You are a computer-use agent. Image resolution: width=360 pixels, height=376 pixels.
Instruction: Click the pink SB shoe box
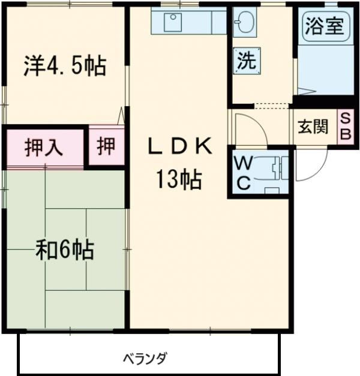click(346, 127)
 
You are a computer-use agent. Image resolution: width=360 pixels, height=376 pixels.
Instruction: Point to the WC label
click(243, 173)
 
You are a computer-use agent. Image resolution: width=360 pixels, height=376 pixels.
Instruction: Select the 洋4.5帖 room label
click(65, 66)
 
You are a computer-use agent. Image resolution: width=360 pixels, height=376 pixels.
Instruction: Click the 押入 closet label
click(44, 147)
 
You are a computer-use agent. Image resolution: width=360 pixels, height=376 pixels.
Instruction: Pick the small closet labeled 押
click(106, 146)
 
